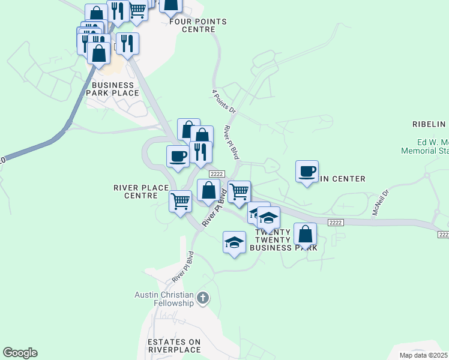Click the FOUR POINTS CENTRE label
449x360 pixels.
[x=197, y=25]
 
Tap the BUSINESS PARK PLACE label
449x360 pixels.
[x=112, y=89]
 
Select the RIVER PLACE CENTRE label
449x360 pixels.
[x=141, y=191]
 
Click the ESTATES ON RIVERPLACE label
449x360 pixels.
[x=173, y=345]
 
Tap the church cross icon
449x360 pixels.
[x=203, y=298]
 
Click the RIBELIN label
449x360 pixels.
[x=429, y=124]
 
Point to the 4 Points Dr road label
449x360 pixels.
[x=224, y=101]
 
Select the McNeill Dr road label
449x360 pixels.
[x=381, y=203]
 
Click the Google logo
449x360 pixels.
[x=20, y=353]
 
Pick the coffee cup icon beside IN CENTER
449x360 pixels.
[x=307, y=172]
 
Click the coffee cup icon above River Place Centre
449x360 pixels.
[x=178, y=157]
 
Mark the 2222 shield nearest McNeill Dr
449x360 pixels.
[x=336, y=222]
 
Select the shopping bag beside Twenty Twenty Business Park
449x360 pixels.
[x=306, y=234]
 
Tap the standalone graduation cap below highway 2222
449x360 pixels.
[x=234, y=242]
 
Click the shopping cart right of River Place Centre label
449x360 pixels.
[x=180, y=202]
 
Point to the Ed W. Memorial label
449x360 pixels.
[x=433, y=146]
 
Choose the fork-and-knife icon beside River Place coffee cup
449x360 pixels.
[x=200, y=152]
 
